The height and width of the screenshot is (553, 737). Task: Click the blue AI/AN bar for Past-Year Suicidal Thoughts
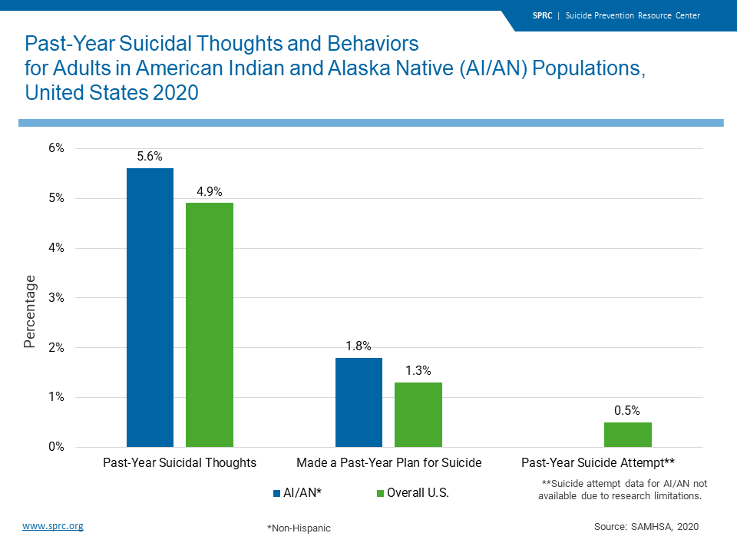click(x=150, y=307)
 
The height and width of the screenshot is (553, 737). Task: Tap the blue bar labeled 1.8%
click(x=359, y=402)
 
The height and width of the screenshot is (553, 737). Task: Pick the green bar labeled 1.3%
click(x=418, y=415)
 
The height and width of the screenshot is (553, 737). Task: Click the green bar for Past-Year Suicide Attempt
click(x=627, y=435)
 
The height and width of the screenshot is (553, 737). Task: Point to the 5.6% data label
click(x=150, y=156)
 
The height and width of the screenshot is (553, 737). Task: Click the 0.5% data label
click(x=627, y=410)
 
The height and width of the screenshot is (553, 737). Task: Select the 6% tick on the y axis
click(x=56, y=148)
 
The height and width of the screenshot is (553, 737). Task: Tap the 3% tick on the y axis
click(x=56, y=298)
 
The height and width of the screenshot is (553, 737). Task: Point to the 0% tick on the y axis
click(x=56, y=447)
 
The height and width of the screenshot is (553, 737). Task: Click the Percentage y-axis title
click(x=30, y=311)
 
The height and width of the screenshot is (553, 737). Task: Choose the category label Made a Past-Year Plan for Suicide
click(x=389, y=462)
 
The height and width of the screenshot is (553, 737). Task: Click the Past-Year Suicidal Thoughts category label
click(x=180, y=462)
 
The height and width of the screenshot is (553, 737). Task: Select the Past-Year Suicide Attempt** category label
click(x=598, y=462)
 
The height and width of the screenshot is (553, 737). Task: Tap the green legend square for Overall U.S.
click(x=380, y=493)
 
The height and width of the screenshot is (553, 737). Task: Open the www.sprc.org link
click(x=53, y=526)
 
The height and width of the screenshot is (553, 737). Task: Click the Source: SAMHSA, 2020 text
click(x=646, y=527)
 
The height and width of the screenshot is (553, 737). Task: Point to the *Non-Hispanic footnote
click(x=299, y=528)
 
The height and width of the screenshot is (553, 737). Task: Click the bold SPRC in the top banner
click(x=542, y=15)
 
